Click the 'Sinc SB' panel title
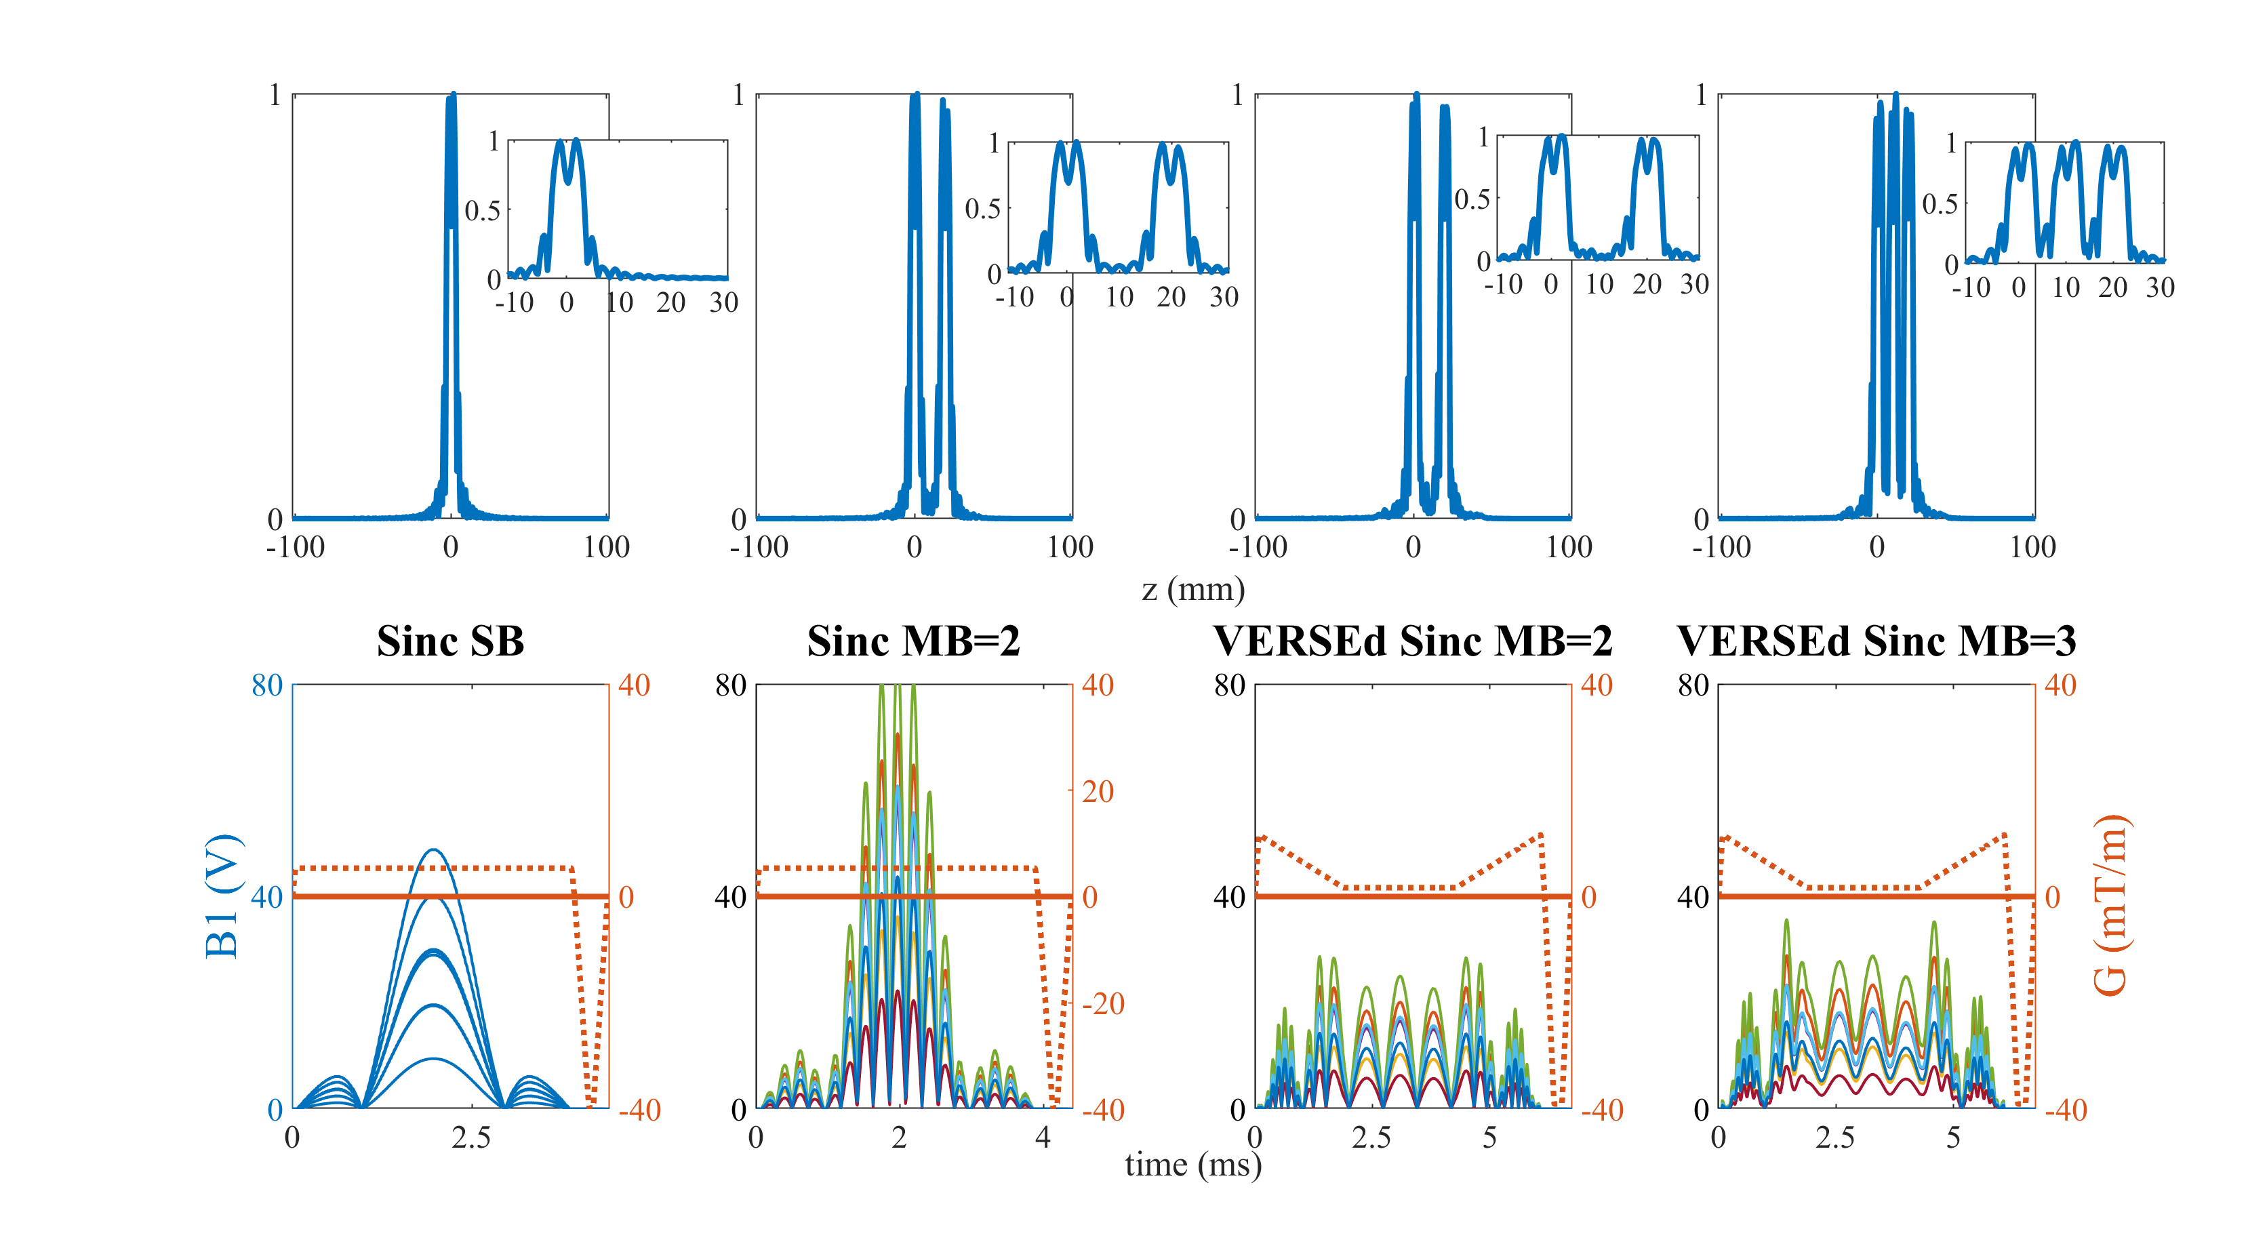click(450, 641)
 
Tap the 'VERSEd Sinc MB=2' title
click(1412, 641)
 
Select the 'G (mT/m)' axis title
click(2112, 904)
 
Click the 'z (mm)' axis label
click(1193, 590)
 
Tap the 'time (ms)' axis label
click(1193, 1164)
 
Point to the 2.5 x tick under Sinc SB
click(471, 1138)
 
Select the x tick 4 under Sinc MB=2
click(1043, 1138)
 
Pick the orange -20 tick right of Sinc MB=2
click(1103, 1003)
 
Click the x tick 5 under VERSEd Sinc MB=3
click(1953, 1138)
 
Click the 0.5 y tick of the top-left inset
click(482, 210)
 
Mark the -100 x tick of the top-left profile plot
click(295, 547)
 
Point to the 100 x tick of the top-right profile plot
click(2032, 547)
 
